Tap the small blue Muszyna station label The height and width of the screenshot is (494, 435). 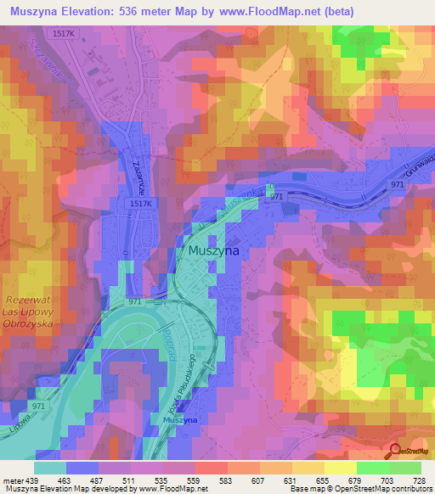point(180,420)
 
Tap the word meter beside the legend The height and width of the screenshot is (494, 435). point(10,480)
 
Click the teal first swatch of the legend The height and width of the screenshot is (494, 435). point(50,468)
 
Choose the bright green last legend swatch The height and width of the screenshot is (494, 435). point(405,468)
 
